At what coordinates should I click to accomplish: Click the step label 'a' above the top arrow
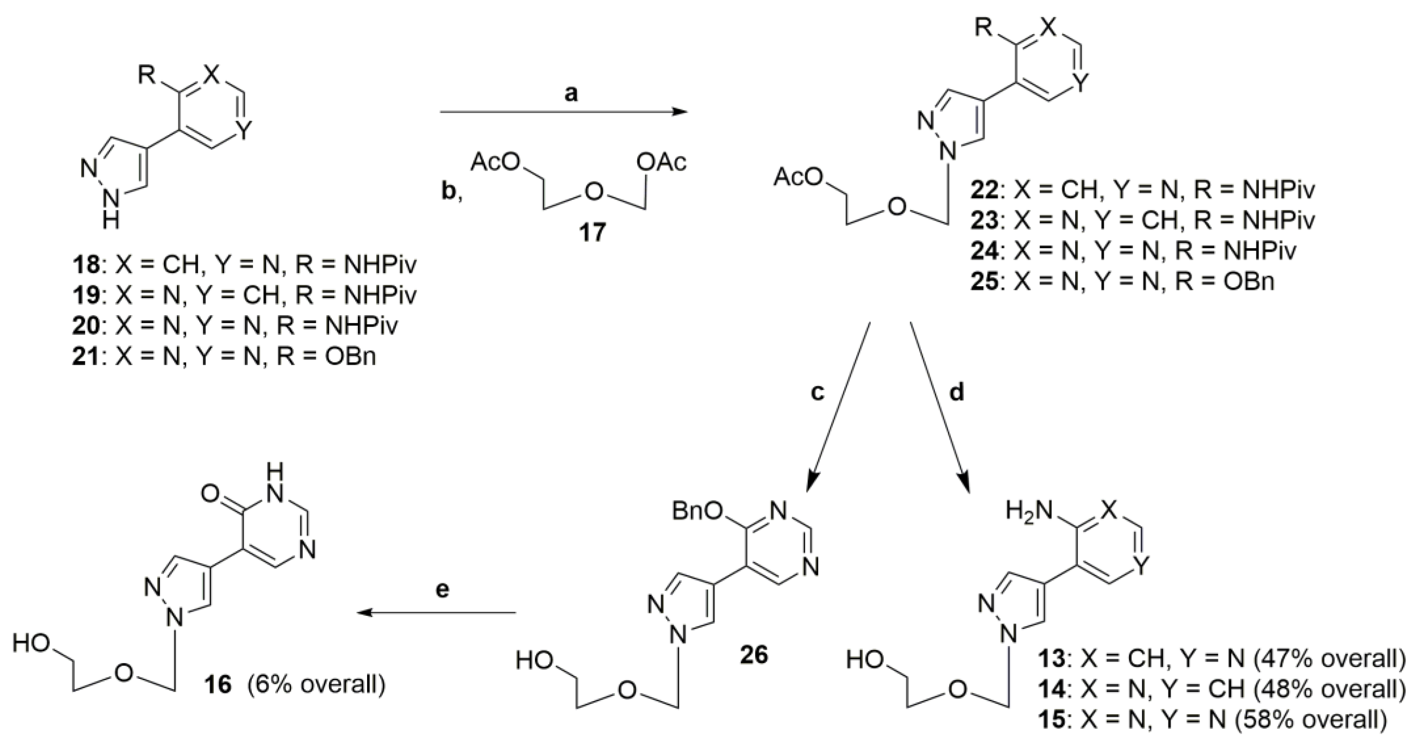(571, 94)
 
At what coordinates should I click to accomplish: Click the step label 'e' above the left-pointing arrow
(442, 589)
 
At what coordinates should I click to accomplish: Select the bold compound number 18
(86, 266)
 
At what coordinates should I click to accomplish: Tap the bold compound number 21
(86, 357)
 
